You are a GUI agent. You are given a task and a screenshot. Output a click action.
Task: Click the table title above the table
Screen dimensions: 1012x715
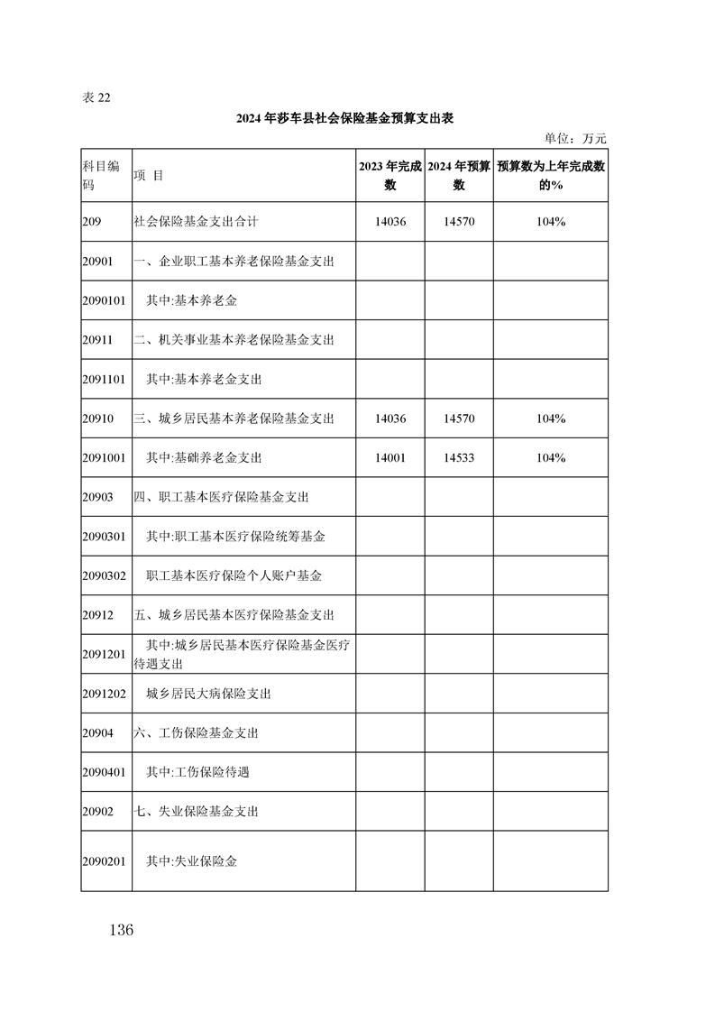pos(356,119)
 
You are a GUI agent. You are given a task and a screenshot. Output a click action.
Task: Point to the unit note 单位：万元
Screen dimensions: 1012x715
pos(576,139)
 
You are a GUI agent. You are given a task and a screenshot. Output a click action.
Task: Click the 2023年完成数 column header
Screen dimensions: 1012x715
pos(390,175)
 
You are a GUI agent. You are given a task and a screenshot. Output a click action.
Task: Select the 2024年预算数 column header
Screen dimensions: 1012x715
pos(458,175)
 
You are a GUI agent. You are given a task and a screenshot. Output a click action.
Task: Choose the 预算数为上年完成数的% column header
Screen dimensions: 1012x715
pos(550,175)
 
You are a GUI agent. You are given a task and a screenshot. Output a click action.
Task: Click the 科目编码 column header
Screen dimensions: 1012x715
pos(101,175)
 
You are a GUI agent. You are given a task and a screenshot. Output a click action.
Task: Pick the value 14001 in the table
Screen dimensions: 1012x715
pos(390,458)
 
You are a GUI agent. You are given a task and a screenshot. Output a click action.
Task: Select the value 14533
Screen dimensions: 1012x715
pos(459,458)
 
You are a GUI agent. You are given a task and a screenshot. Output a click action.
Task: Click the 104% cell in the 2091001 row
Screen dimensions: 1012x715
pos(550,458)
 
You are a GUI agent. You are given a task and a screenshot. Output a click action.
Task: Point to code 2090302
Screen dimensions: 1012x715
pos(103,575)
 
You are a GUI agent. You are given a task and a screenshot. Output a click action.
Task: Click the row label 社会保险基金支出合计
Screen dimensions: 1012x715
pos(196,221)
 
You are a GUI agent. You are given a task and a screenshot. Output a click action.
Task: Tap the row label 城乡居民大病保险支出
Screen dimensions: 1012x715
pos(208,695)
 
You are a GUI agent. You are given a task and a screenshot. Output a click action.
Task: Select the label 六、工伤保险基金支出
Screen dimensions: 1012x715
pos(197,733)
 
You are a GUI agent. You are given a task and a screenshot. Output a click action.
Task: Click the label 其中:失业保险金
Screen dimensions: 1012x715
pos(192,861)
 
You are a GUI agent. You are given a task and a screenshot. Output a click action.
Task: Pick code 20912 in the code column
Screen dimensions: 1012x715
pos(96,615)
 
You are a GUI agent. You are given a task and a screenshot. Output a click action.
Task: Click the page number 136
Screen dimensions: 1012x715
pos(119,930)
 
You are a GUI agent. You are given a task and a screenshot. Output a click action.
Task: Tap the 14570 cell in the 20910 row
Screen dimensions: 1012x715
pos(459,419)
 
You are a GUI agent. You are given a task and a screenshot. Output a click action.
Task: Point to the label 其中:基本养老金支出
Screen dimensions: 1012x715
pos(204,380)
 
